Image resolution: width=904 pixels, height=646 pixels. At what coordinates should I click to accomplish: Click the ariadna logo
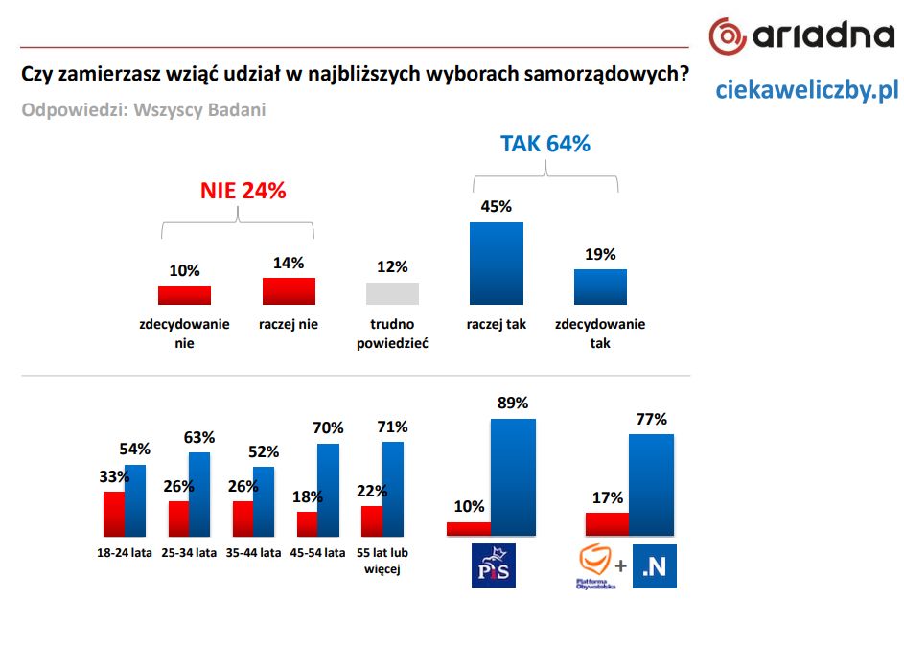click(801, 35)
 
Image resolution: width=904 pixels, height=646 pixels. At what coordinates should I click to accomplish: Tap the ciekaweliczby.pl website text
click(806, 90)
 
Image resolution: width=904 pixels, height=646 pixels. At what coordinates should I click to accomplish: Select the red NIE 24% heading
click(243, 191)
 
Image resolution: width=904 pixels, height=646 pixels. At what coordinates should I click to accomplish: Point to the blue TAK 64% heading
click(545, 144)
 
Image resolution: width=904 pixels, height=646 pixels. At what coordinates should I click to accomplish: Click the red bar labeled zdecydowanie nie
click(184, 295)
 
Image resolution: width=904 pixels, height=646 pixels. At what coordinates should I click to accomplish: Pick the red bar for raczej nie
click(289, 291)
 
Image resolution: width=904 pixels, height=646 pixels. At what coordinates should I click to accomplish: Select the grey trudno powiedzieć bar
click(392, 293)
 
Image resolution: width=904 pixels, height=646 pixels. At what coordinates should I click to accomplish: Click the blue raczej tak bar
click(496, 264)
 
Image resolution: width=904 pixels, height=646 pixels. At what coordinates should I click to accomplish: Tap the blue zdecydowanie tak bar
click(600, 287)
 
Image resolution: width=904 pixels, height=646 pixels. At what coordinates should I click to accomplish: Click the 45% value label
click(496, 206)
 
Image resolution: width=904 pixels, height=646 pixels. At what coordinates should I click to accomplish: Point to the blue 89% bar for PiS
click(513, 476)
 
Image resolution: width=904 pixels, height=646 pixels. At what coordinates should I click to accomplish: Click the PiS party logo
click(495, 565)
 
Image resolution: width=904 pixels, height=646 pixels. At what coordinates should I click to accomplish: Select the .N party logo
click(655, 566)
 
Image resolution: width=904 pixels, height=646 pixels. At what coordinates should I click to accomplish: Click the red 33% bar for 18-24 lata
click(114, 514)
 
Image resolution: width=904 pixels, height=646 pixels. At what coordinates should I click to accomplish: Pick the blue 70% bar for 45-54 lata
click(328, 490)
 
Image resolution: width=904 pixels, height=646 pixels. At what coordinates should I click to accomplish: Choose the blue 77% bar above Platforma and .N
click(651, 485)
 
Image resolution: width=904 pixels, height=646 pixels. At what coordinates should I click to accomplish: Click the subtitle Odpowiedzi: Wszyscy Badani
click(144, 109)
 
